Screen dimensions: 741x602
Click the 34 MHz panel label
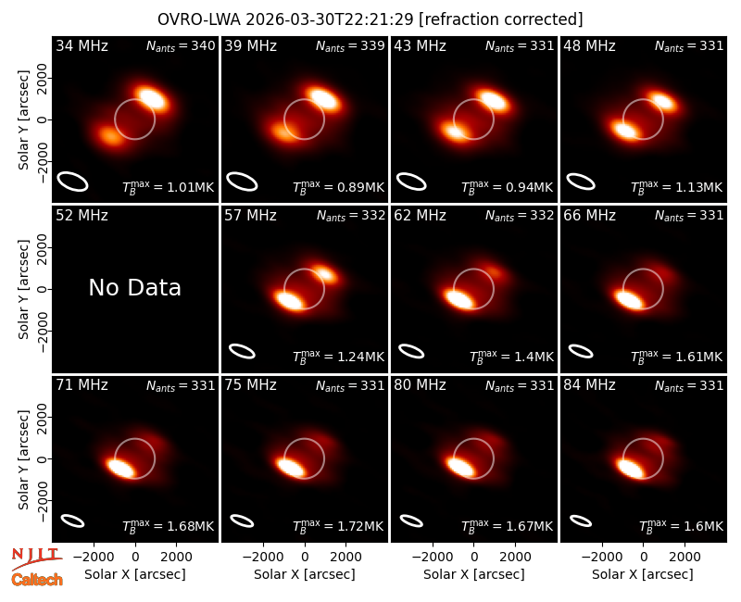[82, 45]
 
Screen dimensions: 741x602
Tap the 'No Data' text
[134, 288]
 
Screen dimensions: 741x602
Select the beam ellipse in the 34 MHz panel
[73, 182]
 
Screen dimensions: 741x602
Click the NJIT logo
[36, 558]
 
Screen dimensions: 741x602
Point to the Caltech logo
[37, 580]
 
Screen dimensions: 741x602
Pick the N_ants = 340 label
[181, 45]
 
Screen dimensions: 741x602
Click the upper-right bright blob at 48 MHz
[662, 102]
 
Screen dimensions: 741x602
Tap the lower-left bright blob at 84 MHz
[631, 468]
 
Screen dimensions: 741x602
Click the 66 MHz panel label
[589, 216]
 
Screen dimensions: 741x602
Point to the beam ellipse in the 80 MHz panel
[411, 520]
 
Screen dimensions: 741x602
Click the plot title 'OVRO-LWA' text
[199, 19]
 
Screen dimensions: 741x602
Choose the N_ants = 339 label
[350, 45]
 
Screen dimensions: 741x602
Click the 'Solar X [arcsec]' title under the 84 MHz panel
[643, 574]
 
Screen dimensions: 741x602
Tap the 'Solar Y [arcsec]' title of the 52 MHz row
[23, 289]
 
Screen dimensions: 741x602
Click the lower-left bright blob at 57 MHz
[289, 300]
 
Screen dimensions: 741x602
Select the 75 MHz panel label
[250, 385]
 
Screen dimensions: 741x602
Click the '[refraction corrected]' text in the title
[500, 19]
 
